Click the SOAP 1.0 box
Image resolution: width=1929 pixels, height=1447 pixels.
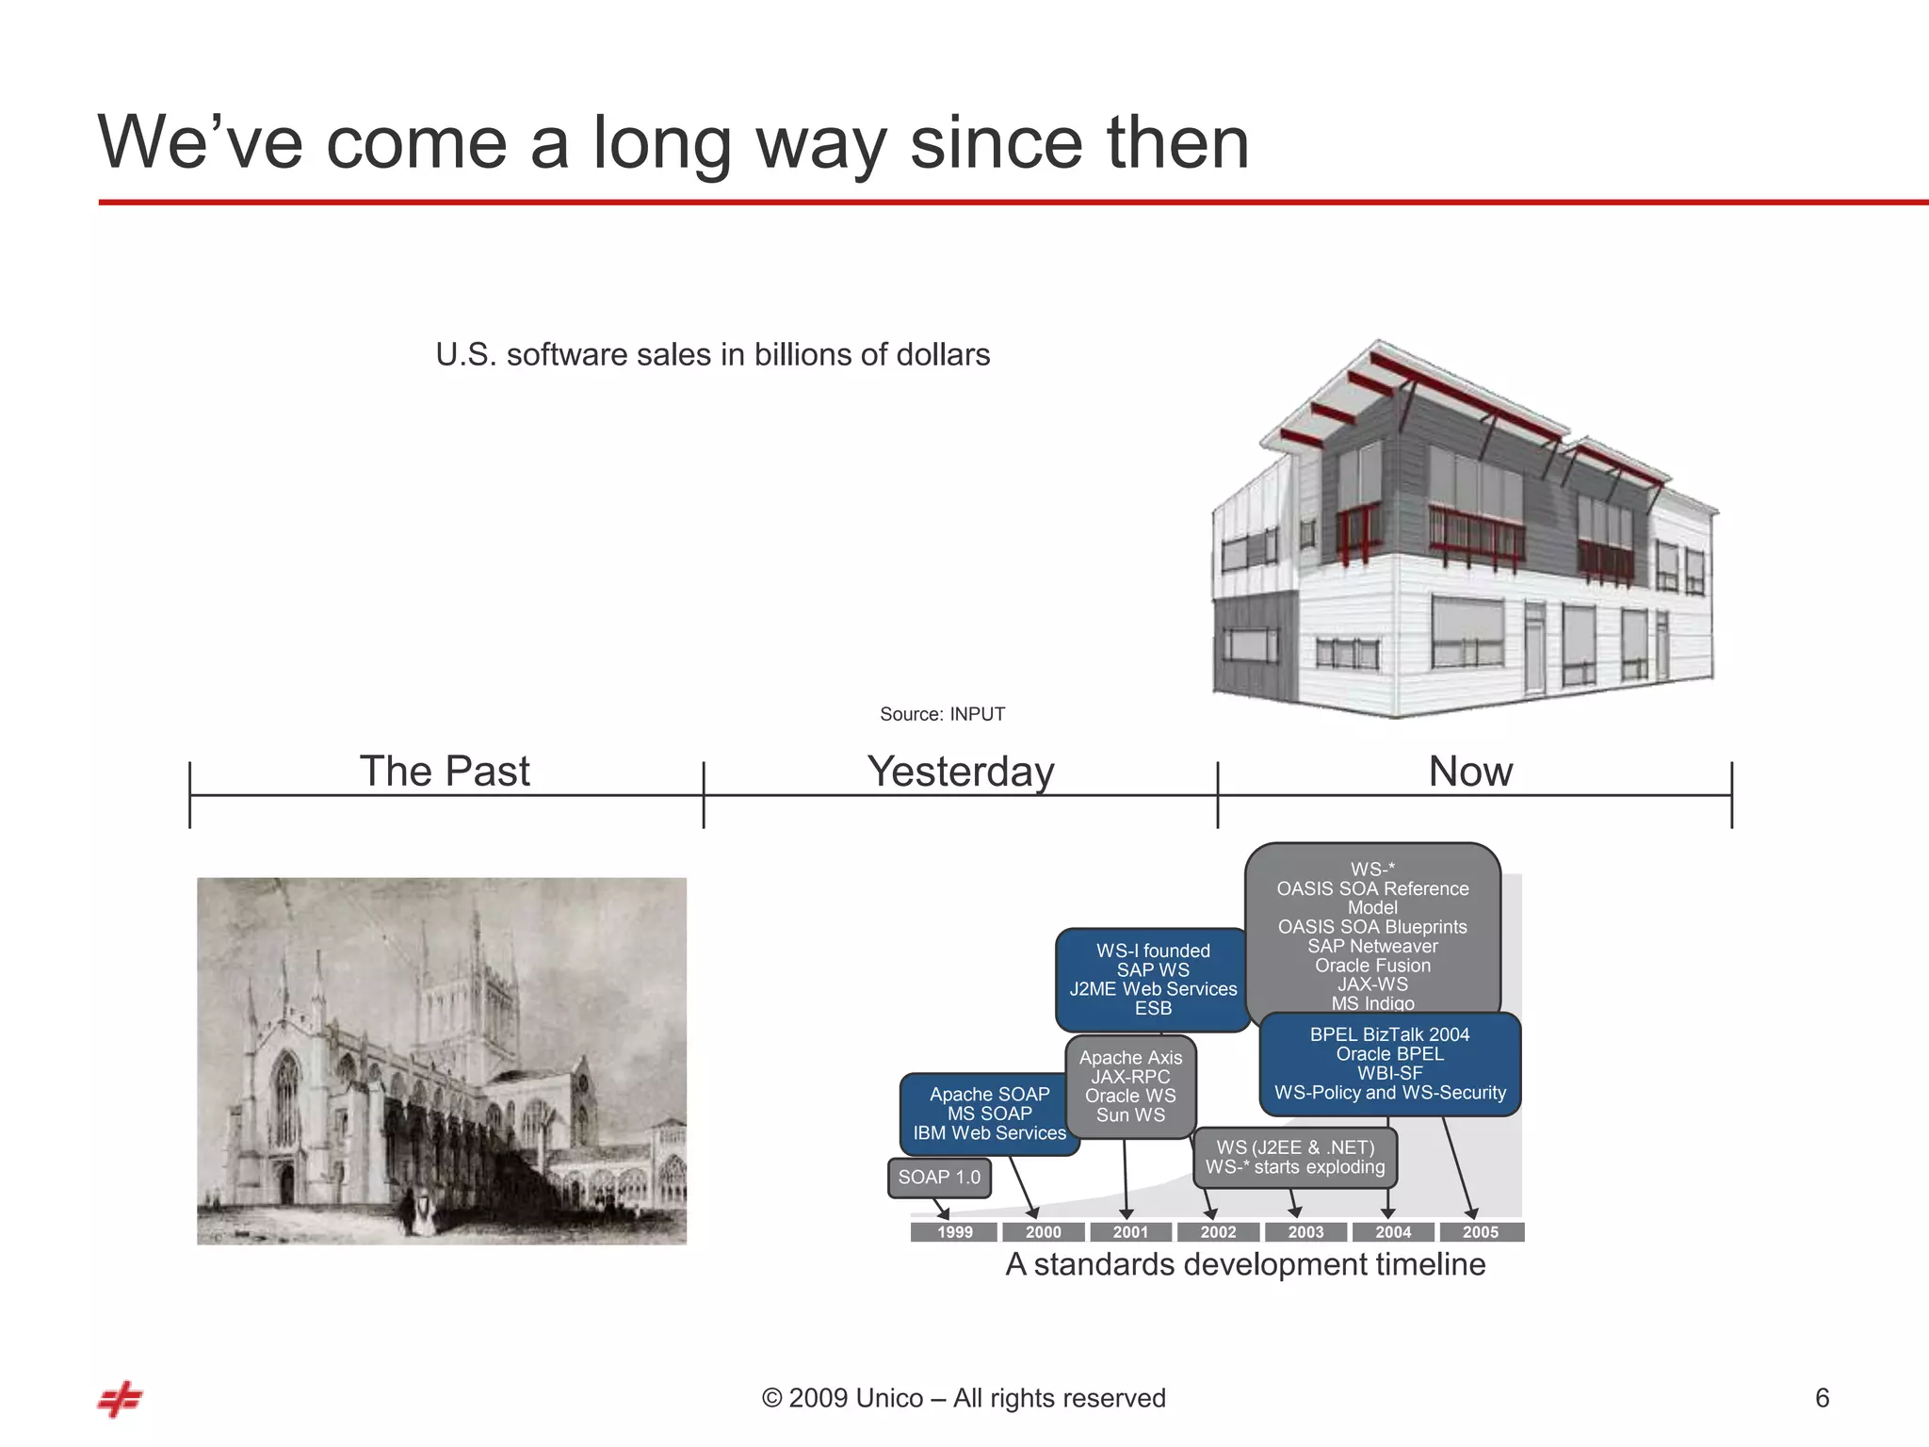[x=939, y=1178]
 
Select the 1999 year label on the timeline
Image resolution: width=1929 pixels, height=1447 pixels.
[x=954, y=1232]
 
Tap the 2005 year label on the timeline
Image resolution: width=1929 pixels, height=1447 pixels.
[x=1481, y=1232]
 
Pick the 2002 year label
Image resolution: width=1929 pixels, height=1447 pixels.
[x=1218, y=1232]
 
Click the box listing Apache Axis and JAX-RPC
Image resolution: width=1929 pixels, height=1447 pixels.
[x=1130, y=1086]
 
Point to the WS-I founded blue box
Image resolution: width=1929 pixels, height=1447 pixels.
[x=1153, y=979]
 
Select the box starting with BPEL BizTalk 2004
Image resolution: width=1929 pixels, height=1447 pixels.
[x=1389, y=1064]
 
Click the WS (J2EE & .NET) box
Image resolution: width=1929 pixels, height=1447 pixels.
[x=1295, y=1158]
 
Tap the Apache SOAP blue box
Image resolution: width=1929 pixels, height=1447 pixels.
[x=989, y=1114]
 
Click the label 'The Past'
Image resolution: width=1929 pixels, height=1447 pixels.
[x=445, y=772]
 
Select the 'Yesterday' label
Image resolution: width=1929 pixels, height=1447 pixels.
[x=961, y=772]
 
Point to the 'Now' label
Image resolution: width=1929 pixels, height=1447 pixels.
[x=1470, y=772]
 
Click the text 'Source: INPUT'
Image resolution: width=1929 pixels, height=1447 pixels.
[x=942, y=714]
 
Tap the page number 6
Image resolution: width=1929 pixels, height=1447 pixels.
[x=1822, y=1398]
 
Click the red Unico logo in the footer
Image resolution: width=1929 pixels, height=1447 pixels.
[x=120, y=1400]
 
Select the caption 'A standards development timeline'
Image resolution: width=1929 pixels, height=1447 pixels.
[x=1245, y=1264]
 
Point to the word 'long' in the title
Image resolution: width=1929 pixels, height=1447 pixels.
[x=662, y=143]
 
